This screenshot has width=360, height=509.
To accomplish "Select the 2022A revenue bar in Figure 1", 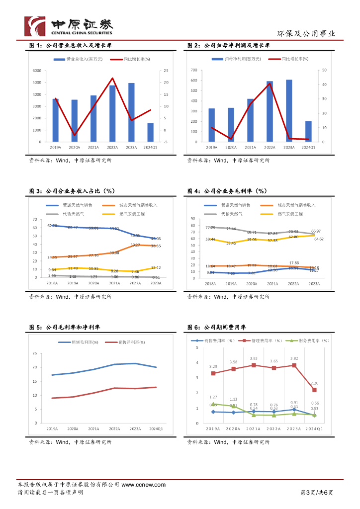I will click(x=112, y=114).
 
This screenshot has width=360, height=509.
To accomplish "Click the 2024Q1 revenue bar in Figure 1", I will click(x=150, y=133).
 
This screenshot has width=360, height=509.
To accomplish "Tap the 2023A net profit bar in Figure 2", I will click(x=289, y=111).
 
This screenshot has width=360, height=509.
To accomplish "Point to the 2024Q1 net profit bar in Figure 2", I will click(x=308, y=132).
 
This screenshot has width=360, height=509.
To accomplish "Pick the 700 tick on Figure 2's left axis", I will click(x=194, y=71).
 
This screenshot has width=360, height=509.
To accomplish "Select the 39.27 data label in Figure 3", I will click(x=135, y=245).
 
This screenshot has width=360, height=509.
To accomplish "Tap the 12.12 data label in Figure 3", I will click(x=156, y=267).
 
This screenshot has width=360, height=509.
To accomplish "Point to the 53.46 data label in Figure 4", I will click(x=231, y=243).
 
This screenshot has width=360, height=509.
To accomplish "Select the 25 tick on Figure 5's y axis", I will click(x=35, y=353).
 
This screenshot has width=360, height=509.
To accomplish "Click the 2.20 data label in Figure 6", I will click(x=314, y=383).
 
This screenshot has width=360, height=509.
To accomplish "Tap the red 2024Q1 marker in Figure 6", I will click(x=314, y=390).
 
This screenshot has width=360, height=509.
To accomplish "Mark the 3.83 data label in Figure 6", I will click(x=254, y=358).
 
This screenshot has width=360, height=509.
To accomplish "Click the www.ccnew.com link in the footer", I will click(x=143, y=485).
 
